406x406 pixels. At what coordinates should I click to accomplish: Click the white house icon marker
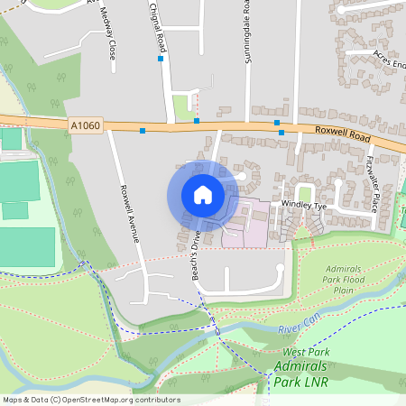pos(203,195)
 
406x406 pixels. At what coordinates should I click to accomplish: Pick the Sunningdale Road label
pos(245,32)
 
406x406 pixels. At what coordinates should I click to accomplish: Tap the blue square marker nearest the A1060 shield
pos(143,130)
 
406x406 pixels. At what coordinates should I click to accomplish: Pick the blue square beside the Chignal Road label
pos(161,59)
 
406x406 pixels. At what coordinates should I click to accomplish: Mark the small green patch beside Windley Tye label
pos(305,192)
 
